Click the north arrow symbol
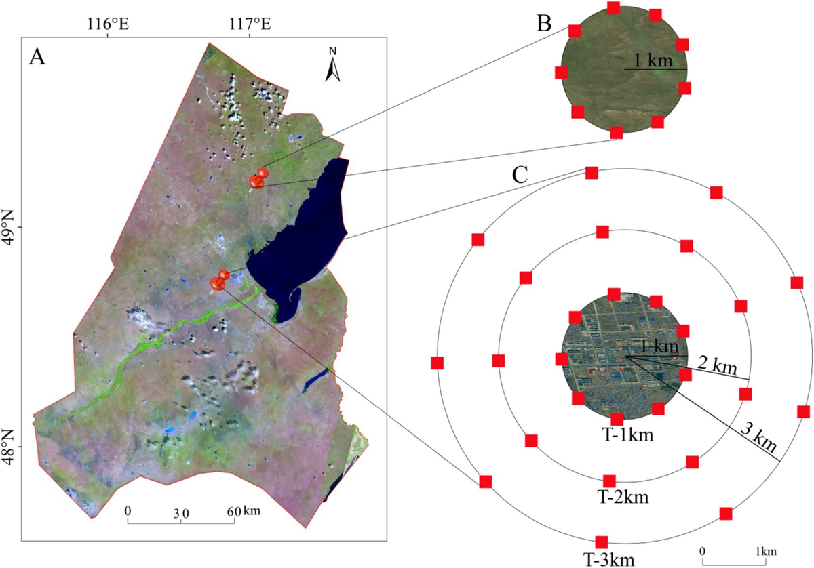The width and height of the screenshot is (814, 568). tap(332, 65)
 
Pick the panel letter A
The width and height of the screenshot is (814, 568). tap(37, 58)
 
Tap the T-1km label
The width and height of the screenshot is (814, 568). tap(617, 435)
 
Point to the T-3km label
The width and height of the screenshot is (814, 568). tap(607, 559)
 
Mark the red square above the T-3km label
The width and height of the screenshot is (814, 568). tap(600, 542)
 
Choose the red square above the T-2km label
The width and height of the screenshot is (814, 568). tap(609, 481)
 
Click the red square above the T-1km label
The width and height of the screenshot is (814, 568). tap(617, 419)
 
